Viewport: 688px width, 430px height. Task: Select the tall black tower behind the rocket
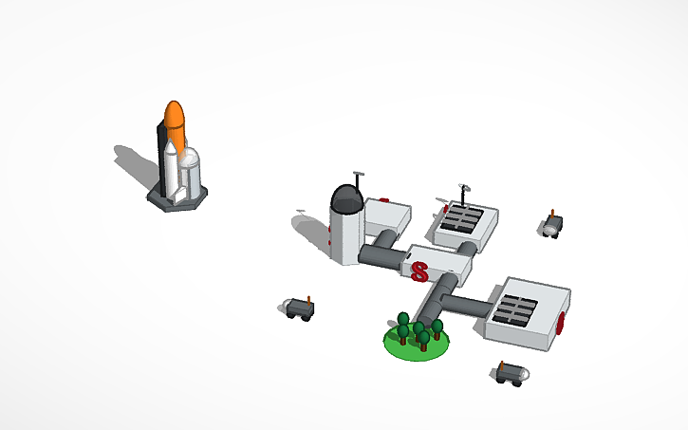click(x=161, y=157)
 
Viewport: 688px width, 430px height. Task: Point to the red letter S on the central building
click(x=418, y=271)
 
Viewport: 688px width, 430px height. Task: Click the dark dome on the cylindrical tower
click(x=345, y=198)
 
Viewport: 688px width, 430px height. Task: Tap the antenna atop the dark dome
click(x=359, y=178)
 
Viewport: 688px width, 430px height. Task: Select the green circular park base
click(x=416, y=344)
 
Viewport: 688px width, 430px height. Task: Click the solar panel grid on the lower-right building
click(x=516, y=311)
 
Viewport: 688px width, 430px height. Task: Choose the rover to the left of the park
click(x=301, y=308)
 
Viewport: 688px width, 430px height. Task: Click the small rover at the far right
click(x=552, y=226)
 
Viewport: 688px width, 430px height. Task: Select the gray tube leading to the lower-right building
click(x=466, y=305)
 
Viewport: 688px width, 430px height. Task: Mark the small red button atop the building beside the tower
click(x=384, y=201)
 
